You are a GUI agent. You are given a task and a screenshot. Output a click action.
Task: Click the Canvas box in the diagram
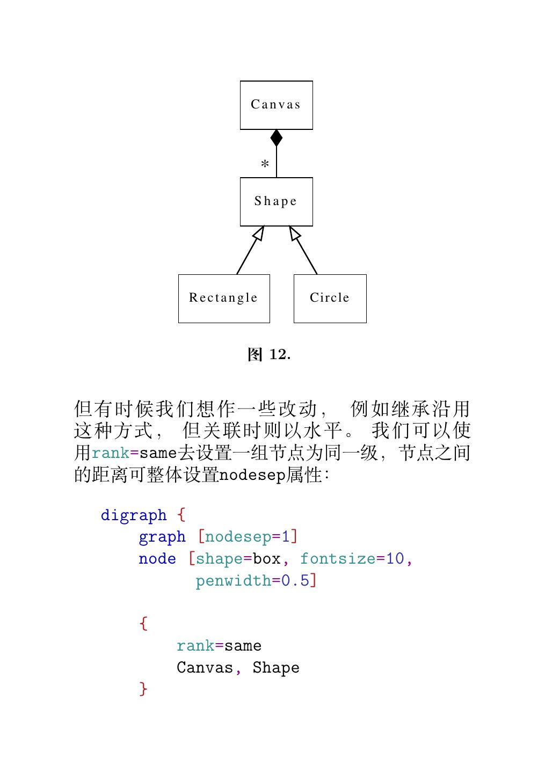pyautogui.click(x=276, y=105)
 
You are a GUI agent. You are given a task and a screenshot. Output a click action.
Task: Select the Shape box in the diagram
pyautogui.click(x=276, y=202)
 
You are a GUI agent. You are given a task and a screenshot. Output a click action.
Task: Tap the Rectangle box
pyautogui.click(x=224, y=298)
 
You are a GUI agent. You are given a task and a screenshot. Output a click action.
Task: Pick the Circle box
pyautogui.click(x=330, y=298)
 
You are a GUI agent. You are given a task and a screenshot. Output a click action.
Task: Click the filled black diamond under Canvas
pyautogui.click(x=277, y=138)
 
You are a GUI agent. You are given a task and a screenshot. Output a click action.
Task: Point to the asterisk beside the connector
pyautogui.click(x=265, y=164)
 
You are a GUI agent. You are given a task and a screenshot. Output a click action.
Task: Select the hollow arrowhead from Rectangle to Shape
pyautogui.click(x=259, y=234)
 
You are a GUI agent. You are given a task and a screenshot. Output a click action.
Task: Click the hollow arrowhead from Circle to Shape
pyautogui.click(x=294, y=234)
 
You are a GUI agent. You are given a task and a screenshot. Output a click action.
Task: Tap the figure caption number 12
pyautogui.click(x=279, y=355)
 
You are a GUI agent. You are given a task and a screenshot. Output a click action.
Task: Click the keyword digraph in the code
pyautogui.click(x=134, y=515)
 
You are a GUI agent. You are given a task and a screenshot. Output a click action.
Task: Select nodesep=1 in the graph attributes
pyautogui.click(x=248, y=537)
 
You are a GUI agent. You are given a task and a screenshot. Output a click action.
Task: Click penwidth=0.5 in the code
pyautogui.click(x=252, y=581)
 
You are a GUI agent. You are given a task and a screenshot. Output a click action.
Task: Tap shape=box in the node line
pyautogui.click(x=238, y=559)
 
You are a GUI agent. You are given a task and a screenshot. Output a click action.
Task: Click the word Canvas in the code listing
pyautogui.click(x=205, y=668)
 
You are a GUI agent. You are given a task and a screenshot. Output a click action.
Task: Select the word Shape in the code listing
pyautogui.click(x=276, y=668)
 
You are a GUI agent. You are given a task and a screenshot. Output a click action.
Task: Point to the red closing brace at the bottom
pyautogui.click(x=143, y=689)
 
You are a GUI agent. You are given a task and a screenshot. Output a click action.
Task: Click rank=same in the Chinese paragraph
pyautogui.click(x=134, y=453)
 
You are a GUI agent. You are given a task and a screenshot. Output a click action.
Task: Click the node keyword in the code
pyautogui.click(x=157, y=559)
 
